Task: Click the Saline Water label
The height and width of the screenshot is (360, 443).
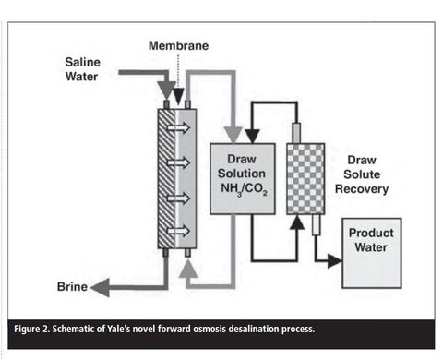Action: pyautogui.click(x=82, y=70)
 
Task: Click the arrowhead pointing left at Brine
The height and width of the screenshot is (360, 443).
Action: pyautogui.click(x=100, y=287)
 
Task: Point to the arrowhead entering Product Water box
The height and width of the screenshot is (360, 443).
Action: pyautogui.click(x=334, y=261)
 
